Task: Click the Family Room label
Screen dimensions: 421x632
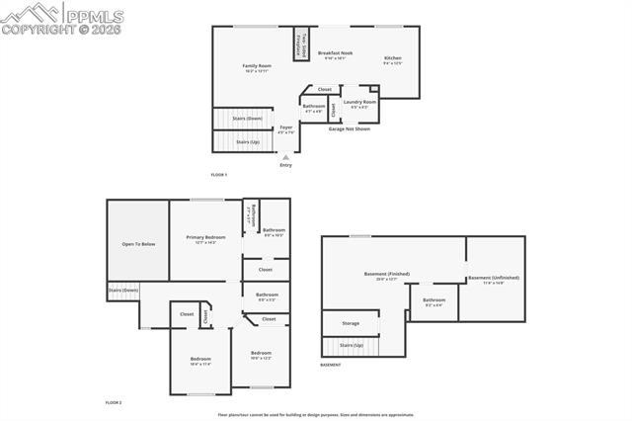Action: coord(257,68)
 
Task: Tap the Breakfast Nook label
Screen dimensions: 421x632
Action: coord(335,55)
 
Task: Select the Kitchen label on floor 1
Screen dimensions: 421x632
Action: coord(393,60)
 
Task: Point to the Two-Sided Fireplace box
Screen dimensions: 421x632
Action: coord(300,43)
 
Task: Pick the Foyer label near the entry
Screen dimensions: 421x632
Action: coord(286,128)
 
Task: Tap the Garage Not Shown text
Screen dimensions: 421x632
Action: coord(350,128)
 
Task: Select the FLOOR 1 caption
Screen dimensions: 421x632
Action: coord(219,175)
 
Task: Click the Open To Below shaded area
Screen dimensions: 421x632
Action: coord(138,243)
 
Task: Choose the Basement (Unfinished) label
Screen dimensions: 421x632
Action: coord(494,280)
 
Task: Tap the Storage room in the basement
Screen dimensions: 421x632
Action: coord(351,323)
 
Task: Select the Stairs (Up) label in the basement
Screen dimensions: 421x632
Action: coord(352,345)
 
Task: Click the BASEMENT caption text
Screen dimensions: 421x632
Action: coord(331,365)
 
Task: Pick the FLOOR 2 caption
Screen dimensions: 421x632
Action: coord(115,403)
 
